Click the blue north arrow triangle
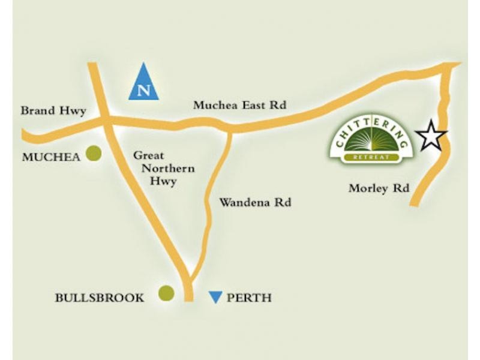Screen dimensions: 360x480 click(143, 83)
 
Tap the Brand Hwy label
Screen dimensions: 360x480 click(53, 110)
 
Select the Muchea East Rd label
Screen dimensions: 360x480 click(239, 105)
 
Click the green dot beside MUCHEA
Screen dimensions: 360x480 click(93, 154)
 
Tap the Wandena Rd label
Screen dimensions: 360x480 click(255, 203)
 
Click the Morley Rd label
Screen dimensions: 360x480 click(379, 188)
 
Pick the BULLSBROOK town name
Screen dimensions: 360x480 click(100, 297)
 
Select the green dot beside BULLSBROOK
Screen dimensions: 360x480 click(166, 293)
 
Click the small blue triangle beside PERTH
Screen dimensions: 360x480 click(215, 296)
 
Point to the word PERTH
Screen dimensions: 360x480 click(249, 297)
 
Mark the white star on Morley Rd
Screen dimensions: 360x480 click(432, 137)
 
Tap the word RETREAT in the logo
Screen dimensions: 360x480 click(371, 157)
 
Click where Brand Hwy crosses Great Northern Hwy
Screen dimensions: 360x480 click(104, 119)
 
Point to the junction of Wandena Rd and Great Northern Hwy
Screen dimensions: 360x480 click(190, 282)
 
